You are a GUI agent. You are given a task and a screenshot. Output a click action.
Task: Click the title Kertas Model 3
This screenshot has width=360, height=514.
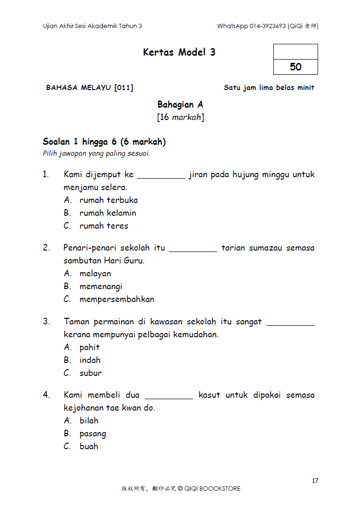tap(179, 52)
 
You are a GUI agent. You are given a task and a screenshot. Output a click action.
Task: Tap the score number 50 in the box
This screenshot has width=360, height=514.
tap(295, 67)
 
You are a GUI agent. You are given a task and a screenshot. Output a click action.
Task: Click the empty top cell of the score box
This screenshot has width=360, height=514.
tap(295, 51)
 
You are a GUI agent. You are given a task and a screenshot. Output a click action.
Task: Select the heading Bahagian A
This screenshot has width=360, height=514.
tap(180, 105)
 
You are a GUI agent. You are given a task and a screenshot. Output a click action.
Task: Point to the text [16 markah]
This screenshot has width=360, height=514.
tap(180, 117)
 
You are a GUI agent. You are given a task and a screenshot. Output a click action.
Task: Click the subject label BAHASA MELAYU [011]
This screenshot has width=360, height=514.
tap(90, 88)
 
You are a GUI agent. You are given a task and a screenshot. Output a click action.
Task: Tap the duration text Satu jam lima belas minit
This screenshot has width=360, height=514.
tap(269, 88)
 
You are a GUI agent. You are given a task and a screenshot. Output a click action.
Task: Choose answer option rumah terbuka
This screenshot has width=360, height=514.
tap(109, 200)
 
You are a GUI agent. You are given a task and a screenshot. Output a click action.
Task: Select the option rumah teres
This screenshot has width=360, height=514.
tap(104, 226)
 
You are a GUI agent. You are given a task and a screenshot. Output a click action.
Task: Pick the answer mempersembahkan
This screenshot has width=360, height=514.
tap(117, 299)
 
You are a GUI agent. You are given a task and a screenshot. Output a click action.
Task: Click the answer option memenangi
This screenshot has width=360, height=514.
tap(101, 286)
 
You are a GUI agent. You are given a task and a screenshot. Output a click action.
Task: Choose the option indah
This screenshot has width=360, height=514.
tap(90, 360)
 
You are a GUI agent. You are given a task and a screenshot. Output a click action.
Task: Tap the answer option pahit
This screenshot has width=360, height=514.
tap(90, 347)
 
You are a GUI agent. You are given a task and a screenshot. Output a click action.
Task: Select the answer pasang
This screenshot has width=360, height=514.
tap(93, 433)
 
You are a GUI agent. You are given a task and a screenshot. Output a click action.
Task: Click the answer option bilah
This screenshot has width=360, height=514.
tap(89, 421)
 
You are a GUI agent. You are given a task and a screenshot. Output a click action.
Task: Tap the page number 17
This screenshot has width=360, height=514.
tap(315, 481)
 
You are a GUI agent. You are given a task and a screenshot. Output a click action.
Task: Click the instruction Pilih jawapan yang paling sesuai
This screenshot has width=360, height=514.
tap(97, 153)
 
